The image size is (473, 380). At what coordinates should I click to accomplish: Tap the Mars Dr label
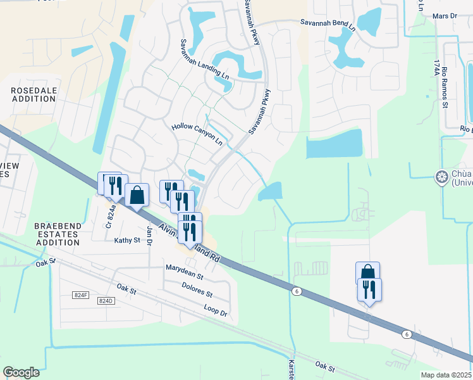445,15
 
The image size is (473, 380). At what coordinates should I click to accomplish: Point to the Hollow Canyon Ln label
197,135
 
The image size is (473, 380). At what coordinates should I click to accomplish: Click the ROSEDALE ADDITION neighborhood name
34,96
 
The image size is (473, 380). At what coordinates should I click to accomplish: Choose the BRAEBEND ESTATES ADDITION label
56,234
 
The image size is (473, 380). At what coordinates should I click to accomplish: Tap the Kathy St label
126,241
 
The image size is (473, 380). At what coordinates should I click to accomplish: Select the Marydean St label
184,273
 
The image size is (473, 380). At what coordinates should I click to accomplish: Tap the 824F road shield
80,295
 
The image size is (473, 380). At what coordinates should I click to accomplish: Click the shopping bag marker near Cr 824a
137,196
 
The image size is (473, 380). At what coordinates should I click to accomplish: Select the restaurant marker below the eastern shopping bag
369,290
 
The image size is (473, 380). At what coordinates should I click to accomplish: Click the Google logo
21,372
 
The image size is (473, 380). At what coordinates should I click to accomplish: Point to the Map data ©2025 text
446,375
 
